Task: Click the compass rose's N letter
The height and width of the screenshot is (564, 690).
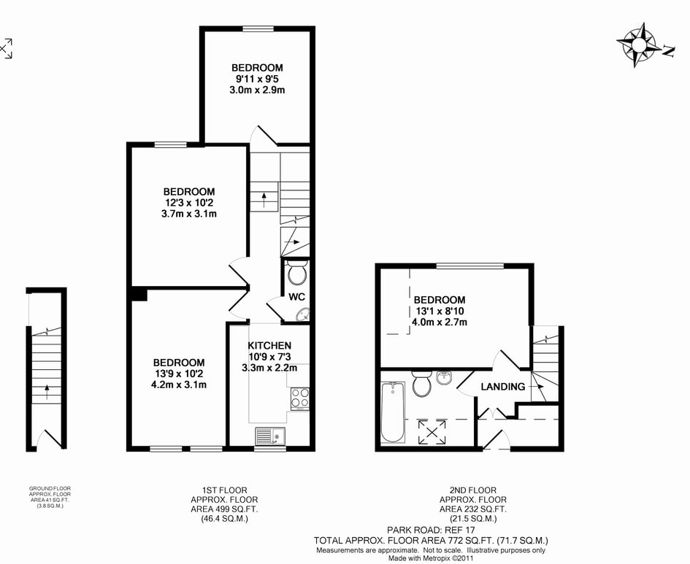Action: tap(669, 51)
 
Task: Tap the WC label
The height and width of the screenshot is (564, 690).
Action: tap(296, 297)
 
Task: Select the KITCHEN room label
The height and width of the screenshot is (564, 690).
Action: tap(269, 346)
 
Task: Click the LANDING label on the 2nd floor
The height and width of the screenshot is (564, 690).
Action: tap(503, 387)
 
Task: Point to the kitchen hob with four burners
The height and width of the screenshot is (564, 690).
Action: tap(299, 398)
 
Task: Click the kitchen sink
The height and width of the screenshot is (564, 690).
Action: tap(270, 436)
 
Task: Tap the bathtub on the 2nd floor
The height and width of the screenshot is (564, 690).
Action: tap(393, 412)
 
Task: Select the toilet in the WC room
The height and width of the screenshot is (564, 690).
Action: tap(297, 272)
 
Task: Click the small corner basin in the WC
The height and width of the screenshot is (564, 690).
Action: tap(303, 314)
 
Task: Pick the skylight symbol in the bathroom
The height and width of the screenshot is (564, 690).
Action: tap(432, 432)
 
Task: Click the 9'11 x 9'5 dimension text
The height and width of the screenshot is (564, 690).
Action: tap(258, 79)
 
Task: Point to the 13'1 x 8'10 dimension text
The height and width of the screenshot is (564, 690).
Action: tap(440, 312)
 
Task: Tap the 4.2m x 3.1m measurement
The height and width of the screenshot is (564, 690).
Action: tap(179, 385)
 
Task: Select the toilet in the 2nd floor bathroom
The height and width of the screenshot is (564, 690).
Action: tap(421, 384)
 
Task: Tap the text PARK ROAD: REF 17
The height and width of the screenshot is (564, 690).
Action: tap(431, 530)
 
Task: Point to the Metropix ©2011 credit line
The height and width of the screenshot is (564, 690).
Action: tap(431, 559)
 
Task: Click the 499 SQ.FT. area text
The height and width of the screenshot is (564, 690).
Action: tap(224, 509)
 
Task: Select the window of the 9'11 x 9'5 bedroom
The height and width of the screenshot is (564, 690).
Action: tap(258, 29)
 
